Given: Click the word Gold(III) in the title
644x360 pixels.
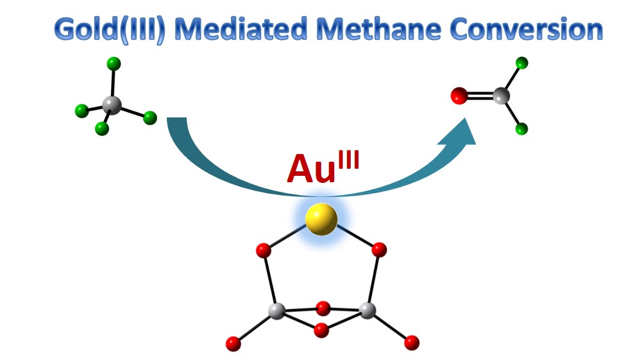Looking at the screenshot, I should pos(110,30).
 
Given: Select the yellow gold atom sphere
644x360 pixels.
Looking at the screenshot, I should pos(321,219).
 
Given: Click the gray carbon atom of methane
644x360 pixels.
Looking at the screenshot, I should pos(112,104).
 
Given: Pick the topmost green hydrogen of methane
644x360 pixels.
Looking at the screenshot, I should pos(114,64).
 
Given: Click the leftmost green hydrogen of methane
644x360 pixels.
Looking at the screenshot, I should pos(81,111).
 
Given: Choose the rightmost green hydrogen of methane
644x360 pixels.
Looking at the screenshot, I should pos(150,117).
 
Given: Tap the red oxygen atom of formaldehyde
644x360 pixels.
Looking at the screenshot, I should pos(459,97).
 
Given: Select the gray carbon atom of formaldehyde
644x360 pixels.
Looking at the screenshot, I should pos(502,96).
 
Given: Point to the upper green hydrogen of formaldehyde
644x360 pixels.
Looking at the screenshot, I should pos(522,63).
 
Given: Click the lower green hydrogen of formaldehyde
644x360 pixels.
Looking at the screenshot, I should pos(522,130).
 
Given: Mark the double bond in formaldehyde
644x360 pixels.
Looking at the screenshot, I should pos(480,97).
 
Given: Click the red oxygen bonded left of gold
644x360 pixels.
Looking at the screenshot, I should pos(263,250).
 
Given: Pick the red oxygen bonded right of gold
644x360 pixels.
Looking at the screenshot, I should pos(379,249).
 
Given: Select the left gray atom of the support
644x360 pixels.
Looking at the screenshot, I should pos(276,311).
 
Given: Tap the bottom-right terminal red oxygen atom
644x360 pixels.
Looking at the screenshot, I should pos(412,343).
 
